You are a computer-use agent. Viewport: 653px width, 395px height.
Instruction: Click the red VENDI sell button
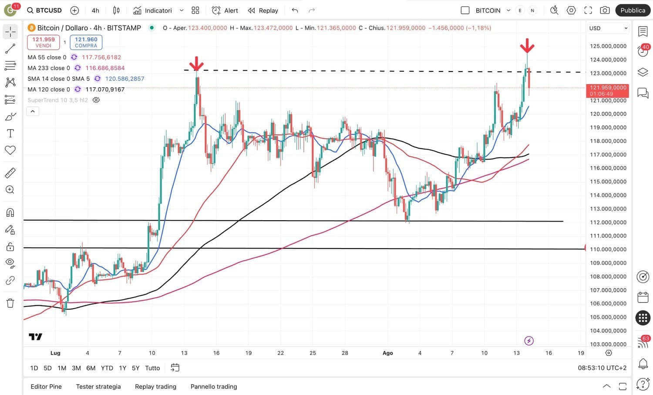coord(44,42)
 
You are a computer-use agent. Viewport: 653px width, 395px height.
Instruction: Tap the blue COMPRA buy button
coord(86,42)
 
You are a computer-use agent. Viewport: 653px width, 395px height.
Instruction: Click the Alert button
coord(225,10)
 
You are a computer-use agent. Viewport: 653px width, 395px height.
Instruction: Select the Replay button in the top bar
coord(263,10)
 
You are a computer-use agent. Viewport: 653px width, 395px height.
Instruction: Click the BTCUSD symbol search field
coord(44,10)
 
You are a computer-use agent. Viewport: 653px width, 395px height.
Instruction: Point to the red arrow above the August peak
coord(527,45)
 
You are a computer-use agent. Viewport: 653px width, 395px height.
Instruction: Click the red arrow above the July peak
coord(197,63)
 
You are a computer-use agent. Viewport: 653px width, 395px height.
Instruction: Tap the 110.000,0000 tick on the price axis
coord(608,249)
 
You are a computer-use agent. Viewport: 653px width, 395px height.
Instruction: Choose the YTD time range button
coord(107,368)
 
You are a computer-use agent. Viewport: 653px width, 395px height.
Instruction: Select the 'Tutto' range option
coord(152,368)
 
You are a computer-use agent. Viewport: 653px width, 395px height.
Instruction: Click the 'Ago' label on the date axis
coord(387,353)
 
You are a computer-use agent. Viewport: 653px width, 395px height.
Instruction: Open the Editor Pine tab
coord(46,386)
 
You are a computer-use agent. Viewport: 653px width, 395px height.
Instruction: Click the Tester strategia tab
coord(98,386)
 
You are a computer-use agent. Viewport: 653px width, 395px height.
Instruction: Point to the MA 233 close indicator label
coord(48,68)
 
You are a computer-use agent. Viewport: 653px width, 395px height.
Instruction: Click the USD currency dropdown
coord(608,28)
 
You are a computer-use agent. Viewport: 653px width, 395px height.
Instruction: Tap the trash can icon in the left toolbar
coord(10,303)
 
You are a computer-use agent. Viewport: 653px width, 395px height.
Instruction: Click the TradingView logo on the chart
coord(35,337)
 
